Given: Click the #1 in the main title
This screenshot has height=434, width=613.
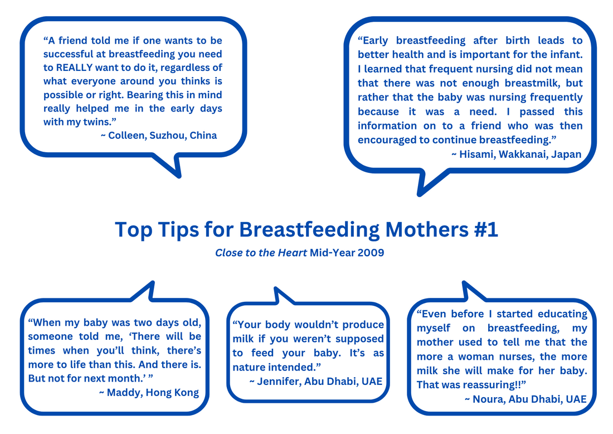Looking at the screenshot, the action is click(x=486, y=229).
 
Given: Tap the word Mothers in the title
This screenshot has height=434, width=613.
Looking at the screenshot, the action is click(x=427, y=229).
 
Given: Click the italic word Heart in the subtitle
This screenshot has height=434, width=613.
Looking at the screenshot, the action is click(x=292, y=253).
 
